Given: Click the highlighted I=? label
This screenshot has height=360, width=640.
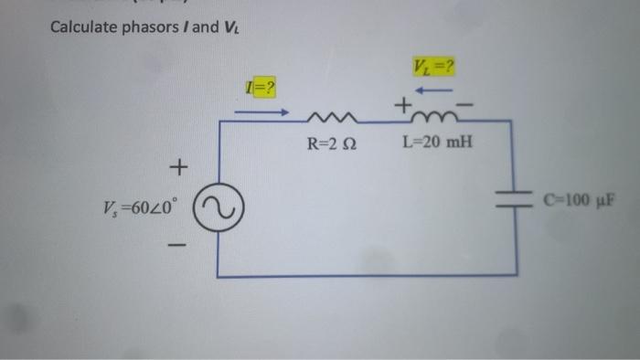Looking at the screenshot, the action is pyautogui.click(x=260, y=88).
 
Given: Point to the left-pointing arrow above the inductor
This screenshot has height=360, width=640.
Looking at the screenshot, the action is pyautogui.click(x=436, y=90).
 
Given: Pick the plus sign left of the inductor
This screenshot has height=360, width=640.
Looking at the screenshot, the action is pyautogui.click(x=401, y=108).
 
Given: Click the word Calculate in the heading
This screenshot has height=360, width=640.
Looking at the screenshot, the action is pyautogui.click(x=82, y=27).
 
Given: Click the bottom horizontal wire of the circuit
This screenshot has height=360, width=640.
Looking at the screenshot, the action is pyautogui.click(x=366, y=274).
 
